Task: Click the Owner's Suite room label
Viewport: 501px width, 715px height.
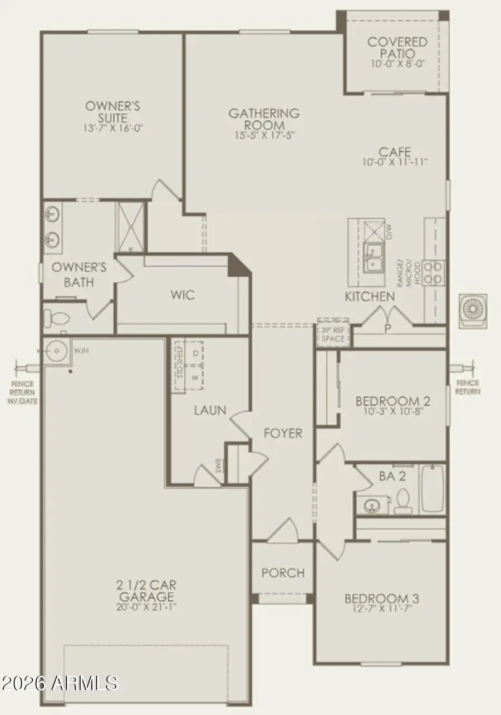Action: (112, 111)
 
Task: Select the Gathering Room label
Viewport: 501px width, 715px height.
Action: (264, 119)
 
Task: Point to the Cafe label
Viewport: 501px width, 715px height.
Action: (395, 151)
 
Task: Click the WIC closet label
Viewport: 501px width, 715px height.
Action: (183, 295)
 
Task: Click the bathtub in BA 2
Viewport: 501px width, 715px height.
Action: (433, 488)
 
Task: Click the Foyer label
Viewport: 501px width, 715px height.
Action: (283, 433)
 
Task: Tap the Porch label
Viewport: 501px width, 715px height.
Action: (283, 572)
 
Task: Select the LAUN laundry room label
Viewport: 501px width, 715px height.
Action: (210, 410)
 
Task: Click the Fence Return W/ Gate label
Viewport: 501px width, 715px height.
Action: (22, 392)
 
